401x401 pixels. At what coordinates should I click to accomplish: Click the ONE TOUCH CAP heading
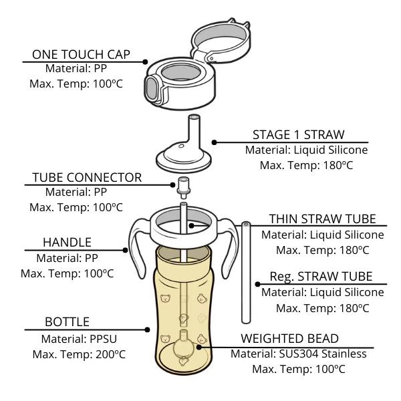(x=81, y=53)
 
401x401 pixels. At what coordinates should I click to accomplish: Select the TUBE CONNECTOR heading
(x=87, y=177)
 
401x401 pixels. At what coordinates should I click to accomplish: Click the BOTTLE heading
(x=67, y=322)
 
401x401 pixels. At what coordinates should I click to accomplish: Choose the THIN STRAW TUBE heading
(x=322, y=219)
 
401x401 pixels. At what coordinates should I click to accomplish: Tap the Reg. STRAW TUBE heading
(x=321, y=277)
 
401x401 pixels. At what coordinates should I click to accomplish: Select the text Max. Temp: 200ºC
(x=79, y=354)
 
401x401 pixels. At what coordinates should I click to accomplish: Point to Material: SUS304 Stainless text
(x=299, y=354)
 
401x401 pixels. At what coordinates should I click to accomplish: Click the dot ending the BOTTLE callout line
(x=148, y=329)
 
